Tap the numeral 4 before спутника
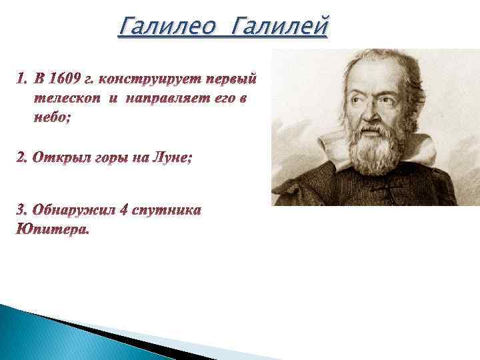point(124,210)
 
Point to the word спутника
point(167,210)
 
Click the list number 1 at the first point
point(20,80)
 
